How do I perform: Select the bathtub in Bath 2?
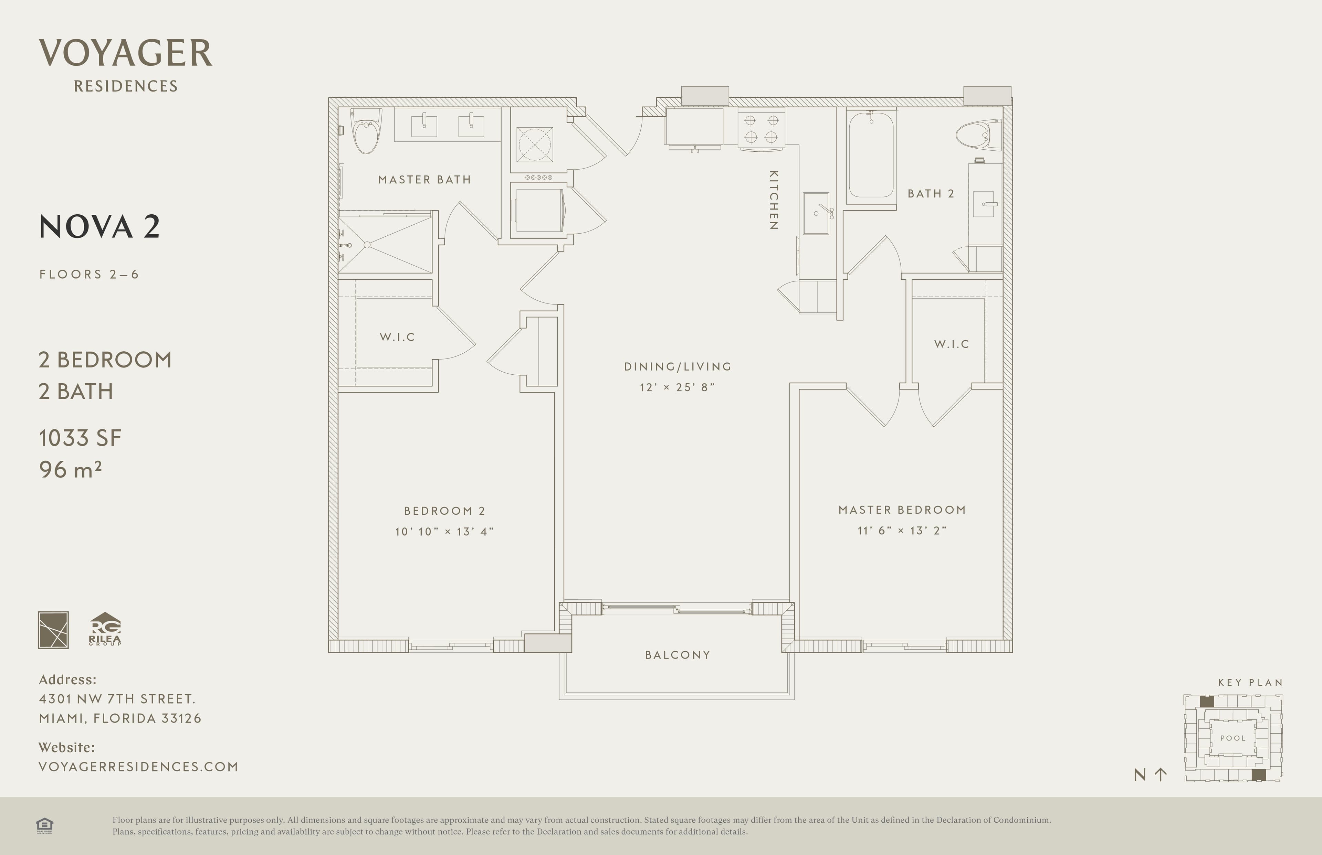click(871, 154)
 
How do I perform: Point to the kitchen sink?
click(817, 213)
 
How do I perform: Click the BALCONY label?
click(678, 655)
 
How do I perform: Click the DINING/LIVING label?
click(678, 366)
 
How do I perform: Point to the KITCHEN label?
click(773, 200)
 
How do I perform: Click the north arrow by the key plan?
click(1160, 774)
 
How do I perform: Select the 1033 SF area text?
click(80, 438)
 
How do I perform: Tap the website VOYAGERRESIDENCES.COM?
click(138, 767)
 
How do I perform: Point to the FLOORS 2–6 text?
click(89, 274)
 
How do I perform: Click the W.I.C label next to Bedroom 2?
click(397, 337)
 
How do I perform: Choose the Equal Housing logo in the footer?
click(44, 825)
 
